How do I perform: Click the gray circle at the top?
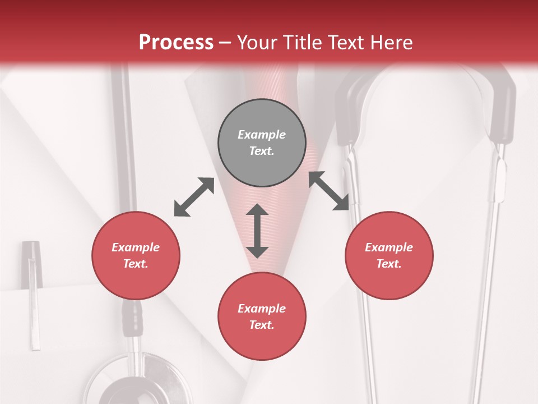262,143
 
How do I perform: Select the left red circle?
136,255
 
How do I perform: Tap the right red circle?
389,255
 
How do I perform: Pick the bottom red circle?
262,316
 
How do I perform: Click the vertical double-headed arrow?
257,231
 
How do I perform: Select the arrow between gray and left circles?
194,197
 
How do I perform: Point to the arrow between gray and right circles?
329,191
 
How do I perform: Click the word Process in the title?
176,42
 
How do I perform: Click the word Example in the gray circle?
262,135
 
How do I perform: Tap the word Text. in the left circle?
136,264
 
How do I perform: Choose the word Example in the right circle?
389,247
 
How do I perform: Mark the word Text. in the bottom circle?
262,325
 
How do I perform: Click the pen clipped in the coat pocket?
33,292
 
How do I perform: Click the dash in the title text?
225,43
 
